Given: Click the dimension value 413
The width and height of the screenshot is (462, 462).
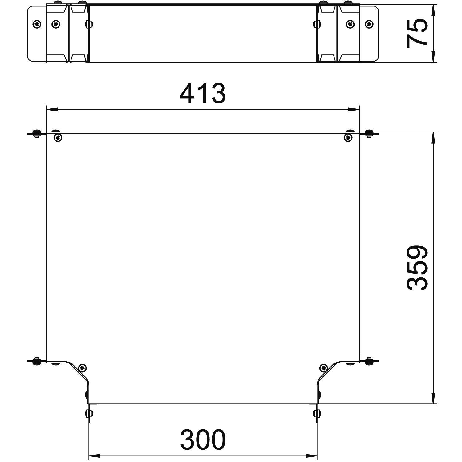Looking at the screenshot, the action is (x=203, y=94).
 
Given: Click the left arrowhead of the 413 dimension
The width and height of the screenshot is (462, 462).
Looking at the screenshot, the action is (x=52, y=109).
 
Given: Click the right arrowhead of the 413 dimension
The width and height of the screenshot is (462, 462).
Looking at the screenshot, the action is (x=354, y=109).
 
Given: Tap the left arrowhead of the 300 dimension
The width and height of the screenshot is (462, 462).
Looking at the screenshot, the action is (x=95, y=456).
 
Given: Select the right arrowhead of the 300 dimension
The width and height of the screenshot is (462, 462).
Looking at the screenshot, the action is (x=311, y=456).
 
